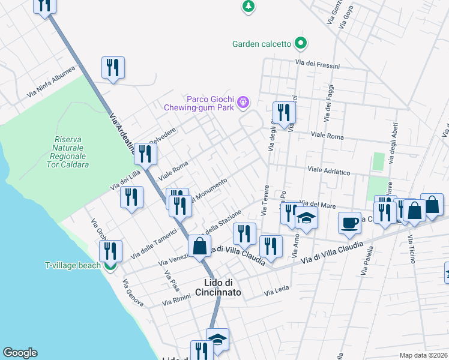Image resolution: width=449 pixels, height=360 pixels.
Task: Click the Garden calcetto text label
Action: click(x=262, y=44)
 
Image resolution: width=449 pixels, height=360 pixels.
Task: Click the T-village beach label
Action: click(x=72, y=265)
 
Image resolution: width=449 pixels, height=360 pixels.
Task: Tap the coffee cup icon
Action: click(x=349, y=223)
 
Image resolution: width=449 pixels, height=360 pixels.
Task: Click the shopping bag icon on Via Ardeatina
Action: click(x=199, y=245)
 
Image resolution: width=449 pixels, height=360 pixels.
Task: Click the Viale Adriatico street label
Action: click(x=328, y=172)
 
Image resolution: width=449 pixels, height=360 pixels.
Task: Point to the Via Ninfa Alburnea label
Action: click(x=51, y=82)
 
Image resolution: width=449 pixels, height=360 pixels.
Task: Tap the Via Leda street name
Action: click(x=277, y=292)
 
